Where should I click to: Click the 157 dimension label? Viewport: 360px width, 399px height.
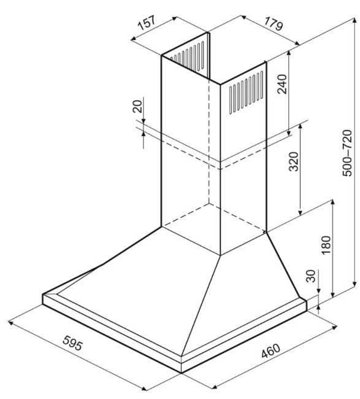[147, 23]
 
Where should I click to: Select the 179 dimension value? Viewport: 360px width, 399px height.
[274, 24]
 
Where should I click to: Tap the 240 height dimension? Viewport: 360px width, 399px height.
[281, 84]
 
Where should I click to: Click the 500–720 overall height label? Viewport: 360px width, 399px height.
[347, 153]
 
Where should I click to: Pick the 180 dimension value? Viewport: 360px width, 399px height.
[326, 245]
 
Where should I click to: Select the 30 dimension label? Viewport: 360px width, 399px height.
[311, 276]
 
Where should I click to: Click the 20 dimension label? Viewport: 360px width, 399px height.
[137, 107]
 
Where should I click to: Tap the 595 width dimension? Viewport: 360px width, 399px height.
[73, 343]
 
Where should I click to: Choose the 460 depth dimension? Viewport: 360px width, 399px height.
[270, 351]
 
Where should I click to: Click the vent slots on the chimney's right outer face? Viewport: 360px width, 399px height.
[246, 93]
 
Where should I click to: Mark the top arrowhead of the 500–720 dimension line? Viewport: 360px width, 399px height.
[354, 20]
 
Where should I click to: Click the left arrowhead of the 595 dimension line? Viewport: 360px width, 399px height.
[10, 323]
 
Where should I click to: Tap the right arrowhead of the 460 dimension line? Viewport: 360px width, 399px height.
[335, 327]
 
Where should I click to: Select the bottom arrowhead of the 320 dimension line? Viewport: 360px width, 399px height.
[301, 213]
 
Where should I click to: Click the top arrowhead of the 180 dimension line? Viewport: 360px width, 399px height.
[332, 203]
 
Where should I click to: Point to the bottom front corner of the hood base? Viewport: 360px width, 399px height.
[182, 373]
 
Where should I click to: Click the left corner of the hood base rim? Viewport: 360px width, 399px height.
[43, 295]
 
